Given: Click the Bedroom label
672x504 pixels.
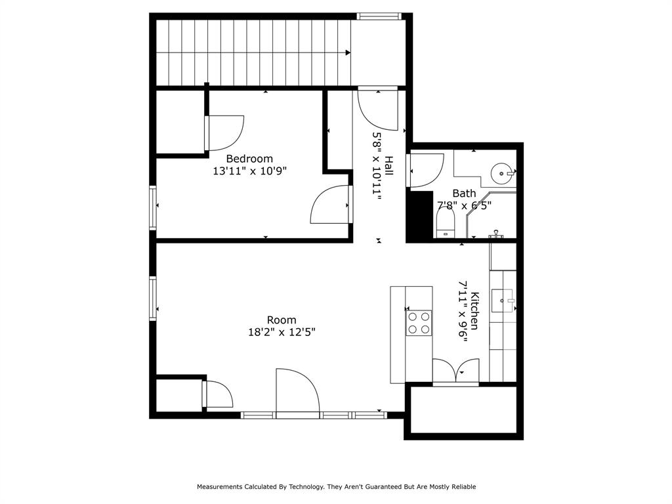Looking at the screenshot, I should [x=249, y=159].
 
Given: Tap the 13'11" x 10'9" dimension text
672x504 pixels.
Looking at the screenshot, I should [x=249, y=171].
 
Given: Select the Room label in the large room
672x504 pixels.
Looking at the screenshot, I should [x=282, y=320].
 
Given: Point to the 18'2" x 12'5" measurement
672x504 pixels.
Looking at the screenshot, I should [x=282, y=332].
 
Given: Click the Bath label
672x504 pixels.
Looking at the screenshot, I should [x=464, y=194].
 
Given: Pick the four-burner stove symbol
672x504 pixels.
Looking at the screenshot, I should [x=419, y=322].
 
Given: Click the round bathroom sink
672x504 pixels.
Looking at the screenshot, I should [x=503, y=175].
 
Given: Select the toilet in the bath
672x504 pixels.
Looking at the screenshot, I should [x=446, y=227].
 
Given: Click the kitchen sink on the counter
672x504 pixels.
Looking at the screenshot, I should [x=503, y=301].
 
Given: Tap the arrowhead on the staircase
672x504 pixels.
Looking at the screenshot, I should [x=347, y=53].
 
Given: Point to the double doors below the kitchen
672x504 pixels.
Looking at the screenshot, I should [x=455, y=371].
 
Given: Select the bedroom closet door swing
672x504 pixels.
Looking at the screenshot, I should [x=225, y=133].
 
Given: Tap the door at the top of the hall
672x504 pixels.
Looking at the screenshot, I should [x=377, y=108].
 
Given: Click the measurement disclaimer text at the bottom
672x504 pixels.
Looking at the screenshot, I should [x=336, y=487].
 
